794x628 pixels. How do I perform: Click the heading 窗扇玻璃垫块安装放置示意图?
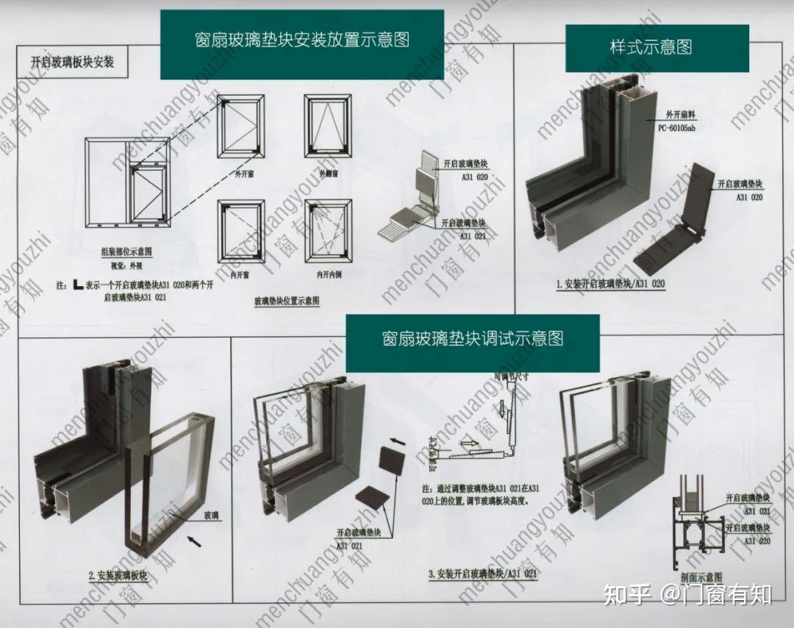[x=302, y=40]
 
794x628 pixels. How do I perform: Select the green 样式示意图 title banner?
[x=651, y=48]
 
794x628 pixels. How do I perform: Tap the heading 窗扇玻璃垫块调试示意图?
[x=472, y=339]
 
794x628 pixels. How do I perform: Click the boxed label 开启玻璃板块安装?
[x=72, y=62]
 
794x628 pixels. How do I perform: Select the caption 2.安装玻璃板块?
[x=118, y=575]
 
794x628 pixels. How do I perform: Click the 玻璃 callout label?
[x=211, y=516]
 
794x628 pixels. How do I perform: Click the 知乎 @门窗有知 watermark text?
[x=687, y=594]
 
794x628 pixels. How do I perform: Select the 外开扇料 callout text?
[x=679, y=115]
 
